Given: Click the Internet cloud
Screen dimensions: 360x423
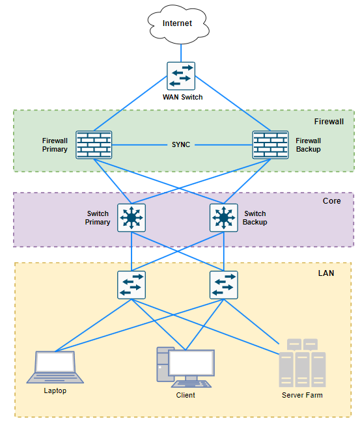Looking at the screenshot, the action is pos(178,24).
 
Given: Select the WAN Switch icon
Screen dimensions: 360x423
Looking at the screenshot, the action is pos(181,76).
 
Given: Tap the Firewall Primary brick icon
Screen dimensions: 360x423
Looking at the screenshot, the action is pos(94,145).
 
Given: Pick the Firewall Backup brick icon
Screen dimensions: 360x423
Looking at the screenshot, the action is pos(270,145).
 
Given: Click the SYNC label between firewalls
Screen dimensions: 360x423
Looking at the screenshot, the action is pos(181,144).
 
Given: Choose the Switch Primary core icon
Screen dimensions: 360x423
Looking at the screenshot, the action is pos(132,218).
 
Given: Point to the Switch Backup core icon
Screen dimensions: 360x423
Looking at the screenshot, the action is pos(224,218).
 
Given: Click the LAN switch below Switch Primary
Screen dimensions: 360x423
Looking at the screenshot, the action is pos(132,285).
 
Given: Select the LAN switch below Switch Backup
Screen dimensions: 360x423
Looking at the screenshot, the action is pos(224,285).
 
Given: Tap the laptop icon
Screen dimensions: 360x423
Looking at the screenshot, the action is pos(55,367).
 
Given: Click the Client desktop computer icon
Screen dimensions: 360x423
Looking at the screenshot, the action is pos(186,368).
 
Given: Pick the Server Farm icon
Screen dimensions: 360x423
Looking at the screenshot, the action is pos(302,363).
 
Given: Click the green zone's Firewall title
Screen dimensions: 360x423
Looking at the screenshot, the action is pos(329,122).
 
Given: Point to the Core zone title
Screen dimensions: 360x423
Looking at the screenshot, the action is pos(331,201).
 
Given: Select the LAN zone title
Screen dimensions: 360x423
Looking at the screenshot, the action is pos(326,273).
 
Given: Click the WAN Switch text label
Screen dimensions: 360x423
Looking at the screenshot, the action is pos(182,97).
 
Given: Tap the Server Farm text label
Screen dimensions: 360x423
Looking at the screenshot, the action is pos(302,395).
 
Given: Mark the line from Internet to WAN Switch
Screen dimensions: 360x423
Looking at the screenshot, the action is pos(181,53).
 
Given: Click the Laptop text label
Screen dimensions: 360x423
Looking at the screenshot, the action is pos(55,390).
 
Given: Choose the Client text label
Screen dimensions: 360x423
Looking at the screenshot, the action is pos(186,395).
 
